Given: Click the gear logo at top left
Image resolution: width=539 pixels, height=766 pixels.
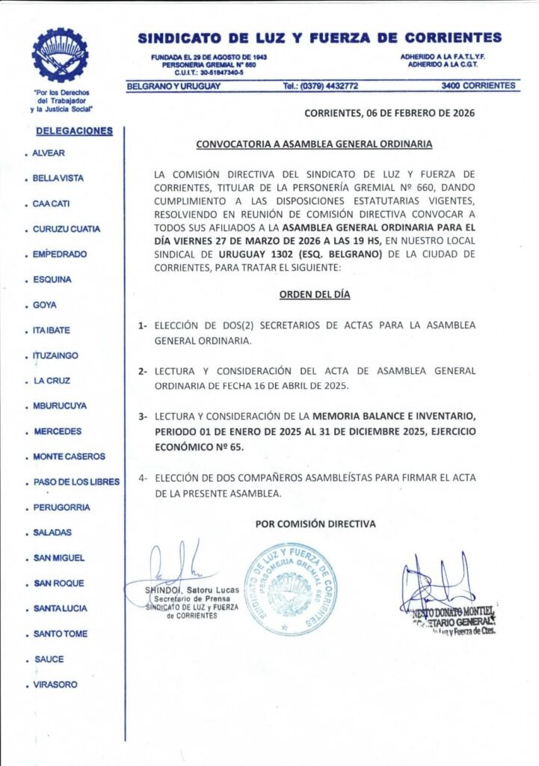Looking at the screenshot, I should click(60, 55).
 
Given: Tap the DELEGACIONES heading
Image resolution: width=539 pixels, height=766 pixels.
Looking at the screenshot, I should click(74, 131).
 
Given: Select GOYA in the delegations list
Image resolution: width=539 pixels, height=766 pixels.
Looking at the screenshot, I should click(45, 305).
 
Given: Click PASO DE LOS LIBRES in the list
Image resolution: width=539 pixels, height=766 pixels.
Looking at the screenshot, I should click(76, 482).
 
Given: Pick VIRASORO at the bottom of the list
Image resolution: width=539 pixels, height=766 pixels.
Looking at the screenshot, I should click(55, 684).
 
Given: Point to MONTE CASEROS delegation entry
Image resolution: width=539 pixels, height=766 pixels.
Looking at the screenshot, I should click(70, 456).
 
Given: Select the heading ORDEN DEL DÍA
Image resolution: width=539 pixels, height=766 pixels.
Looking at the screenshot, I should click(315, 295).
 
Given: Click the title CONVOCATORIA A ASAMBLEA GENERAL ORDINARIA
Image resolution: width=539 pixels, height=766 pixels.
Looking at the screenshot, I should click(314, 144).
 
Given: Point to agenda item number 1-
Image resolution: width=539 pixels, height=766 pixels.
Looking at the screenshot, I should click(142, 326).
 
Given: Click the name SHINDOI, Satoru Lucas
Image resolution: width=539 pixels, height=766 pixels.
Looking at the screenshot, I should click(193, 590).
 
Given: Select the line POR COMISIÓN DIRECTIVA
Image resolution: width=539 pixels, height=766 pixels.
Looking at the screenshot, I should click(315, 524).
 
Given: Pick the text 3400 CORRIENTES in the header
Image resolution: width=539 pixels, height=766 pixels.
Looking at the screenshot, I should click(478, 86).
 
